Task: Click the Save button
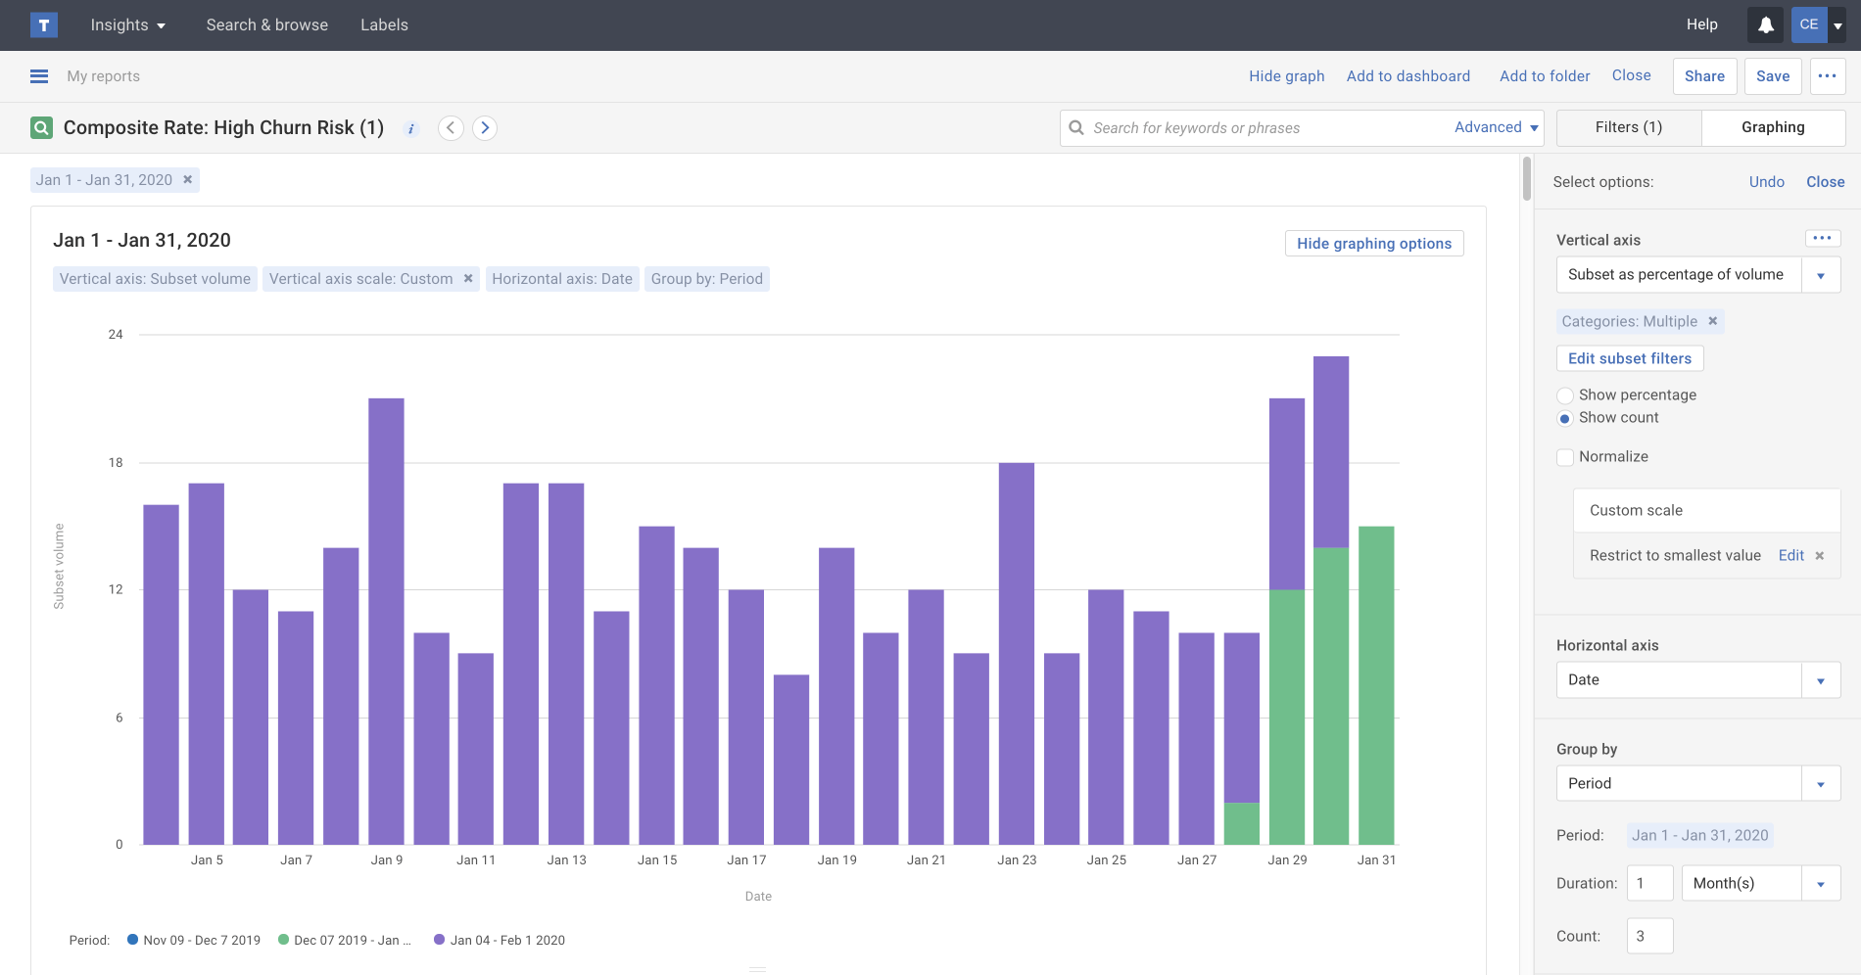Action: pos(1772,76)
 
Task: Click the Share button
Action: pos(1704,76)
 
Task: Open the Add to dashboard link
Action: pos(1408,76)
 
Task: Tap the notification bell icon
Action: pos(1765,25)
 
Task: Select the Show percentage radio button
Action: pos(1565,395)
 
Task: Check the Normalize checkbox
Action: pos(1565,457)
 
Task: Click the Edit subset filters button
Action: pos(1629,358)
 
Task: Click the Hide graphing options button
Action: pos(1373,244)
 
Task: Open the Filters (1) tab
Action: pos(1628,127)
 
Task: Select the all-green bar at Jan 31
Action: pos(1376,685)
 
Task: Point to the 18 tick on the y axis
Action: pos(116,463)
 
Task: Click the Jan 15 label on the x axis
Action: pos(657,860)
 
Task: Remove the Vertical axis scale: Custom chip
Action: pos(468,279)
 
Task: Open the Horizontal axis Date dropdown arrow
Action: pos(1820,680)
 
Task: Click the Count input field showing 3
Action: pos(1649,936)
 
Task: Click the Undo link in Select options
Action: pos(1766,182)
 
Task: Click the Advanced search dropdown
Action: pos(1496,127)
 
